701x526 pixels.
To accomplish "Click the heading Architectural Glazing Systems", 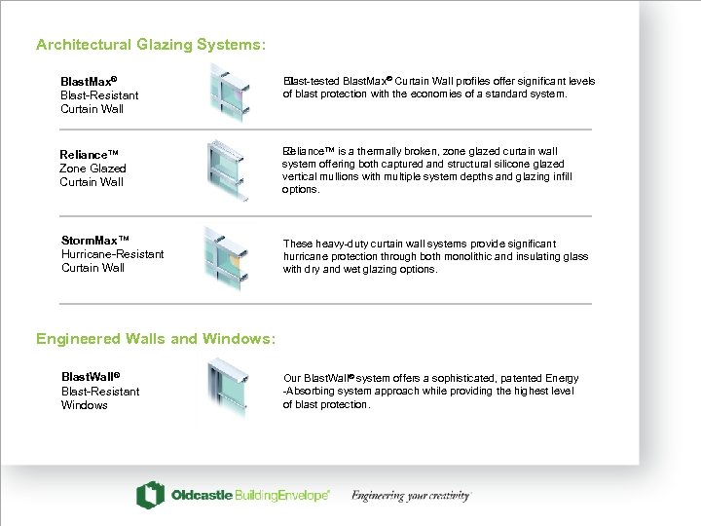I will (150, 45).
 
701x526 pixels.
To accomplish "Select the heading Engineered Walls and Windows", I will (156, 339).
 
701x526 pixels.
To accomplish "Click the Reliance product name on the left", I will (89, 155).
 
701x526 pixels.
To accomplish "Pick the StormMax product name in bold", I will (95, 240).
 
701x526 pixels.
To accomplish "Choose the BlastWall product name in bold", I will (90, 377).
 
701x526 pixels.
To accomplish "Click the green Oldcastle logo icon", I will (150, 495).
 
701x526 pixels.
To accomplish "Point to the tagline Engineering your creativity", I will (411, 496).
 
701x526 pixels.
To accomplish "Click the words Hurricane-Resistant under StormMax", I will (112, 254).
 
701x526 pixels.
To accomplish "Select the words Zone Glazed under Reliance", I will (92, 169).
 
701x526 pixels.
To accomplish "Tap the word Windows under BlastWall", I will (85, 405).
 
